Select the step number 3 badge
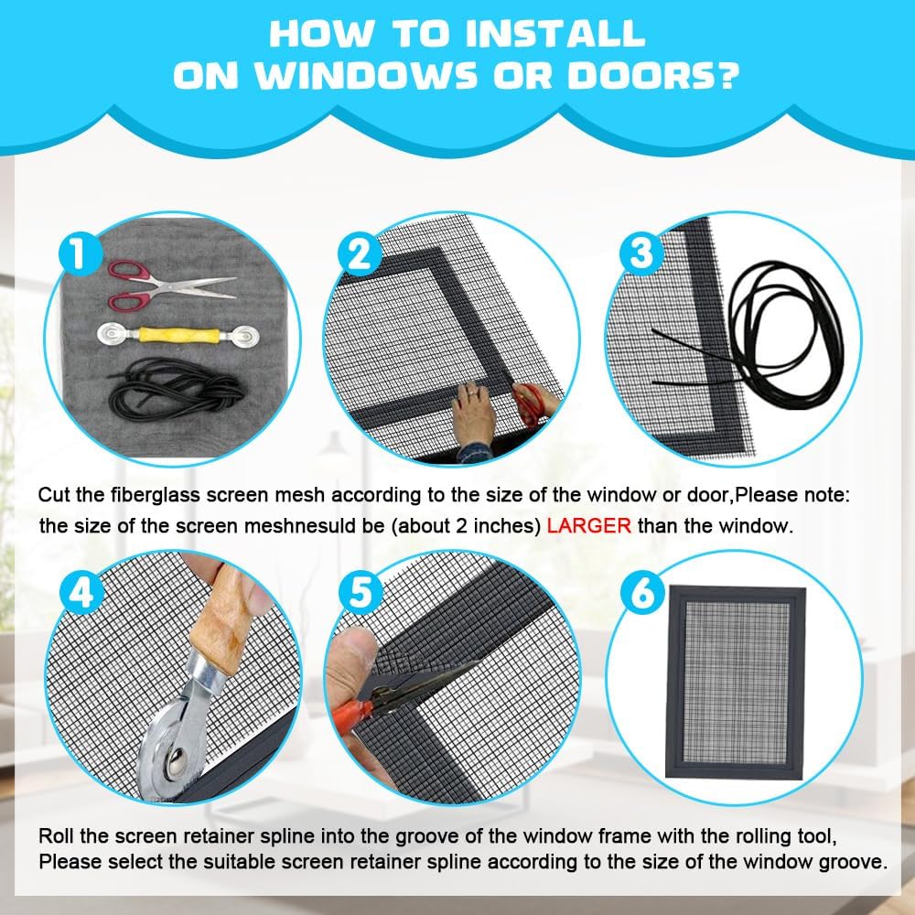641,253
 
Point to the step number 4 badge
81,594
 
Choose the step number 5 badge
361,592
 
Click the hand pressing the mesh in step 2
474,414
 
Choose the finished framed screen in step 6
736,682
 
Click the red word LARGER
588,526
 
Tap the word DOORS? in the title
653,76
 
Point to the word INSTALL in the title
555,33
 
